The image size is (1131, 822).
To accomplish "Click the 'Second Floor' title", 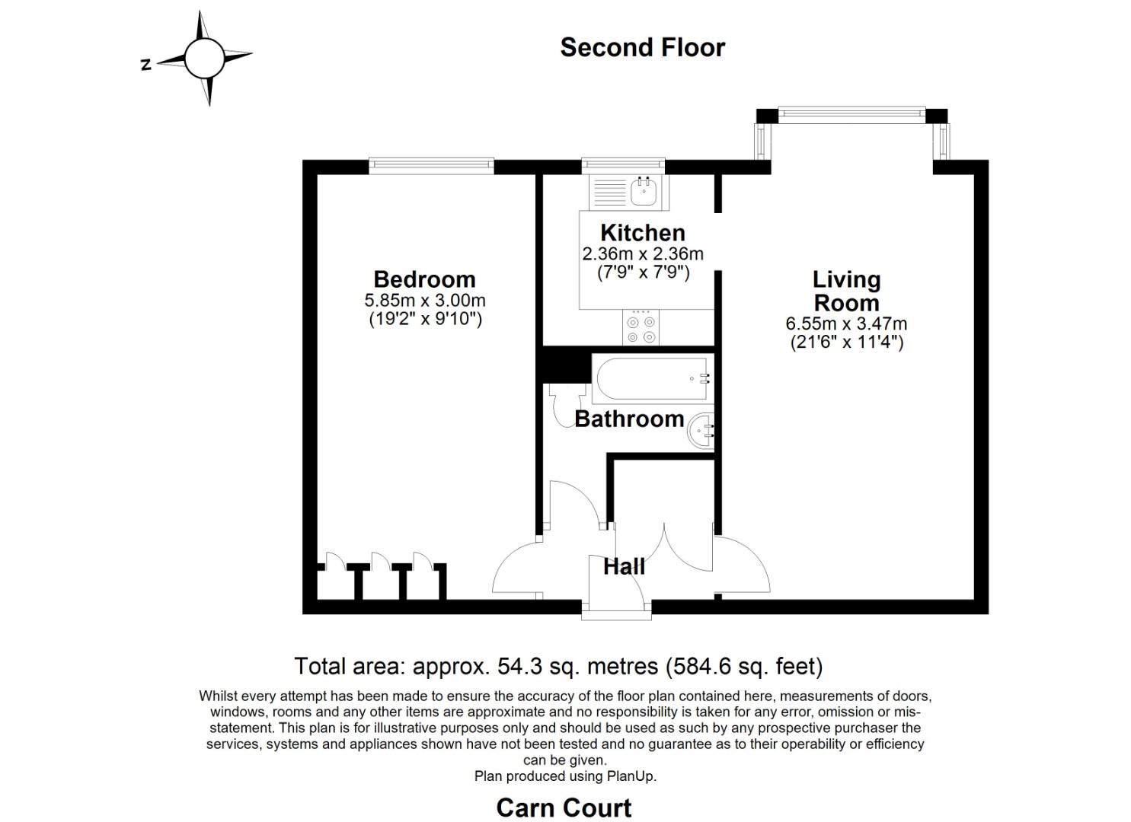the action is (x=642, y=47).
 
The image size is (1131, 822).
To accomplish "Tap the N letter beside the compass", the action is (x=146, y=65).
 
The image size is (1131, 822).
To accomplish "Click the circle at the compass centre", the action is (x=204, y=59).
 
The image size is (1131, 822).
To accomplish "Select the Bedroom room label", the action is (x=425, y=279).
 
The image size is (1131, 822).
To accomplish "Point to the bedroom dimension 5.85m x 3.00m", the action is (x=425, y=301).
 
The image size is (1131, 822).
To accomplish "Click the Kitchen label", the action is (x=643, y=233).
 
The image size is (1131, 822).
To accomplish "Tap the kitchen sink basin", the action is (x=644, y=192).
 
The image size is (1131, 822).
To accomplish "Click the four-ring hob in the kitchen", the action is (x=641, y=328).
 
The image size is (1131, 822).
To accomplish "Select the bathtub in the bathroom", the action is (x=653, y=378).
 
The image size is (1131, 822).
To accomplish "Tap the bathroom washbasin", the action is (x=701, y=431).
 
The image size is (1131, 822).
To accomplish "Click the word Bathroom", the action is (x=629, y=419).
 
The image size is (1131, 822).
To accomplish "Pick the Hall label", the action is (x=624, y=566).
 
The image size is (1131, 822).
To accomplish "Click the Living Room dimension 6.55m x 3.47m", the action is (x=846, y=323).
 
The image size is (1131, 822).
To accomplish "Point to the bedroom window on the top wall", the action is (x=431, y=166).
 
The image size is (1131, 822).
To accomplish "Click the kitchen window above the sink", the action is (x=623, y=166).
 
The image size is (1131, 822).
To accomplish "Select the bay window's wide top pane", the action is (x=851, y=115).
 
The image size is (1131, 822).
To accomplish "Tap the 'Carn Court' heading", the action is (x=564, y=808).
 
